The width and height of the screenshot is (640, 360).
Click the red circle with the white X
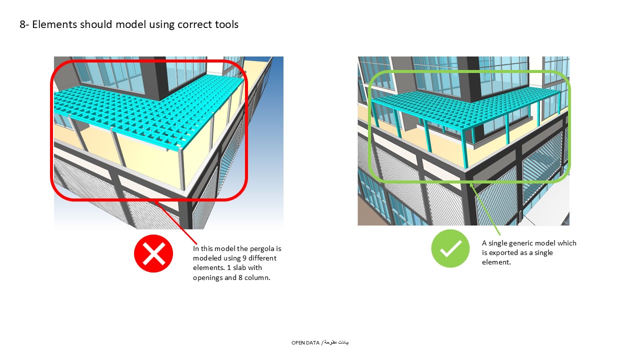(x=153, y=253)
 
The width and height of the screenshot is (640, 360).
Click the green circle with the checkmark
(x=450, y=248)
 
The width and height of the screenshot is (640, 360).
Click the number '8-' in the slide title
(x=24, y=24)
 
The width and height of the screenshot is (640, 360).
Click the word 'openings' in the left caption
(x=207, y=277)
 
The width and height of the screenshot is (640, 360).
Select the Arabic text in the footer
(x=336, y=342)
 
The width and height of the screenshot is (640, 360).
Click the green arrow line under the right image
(x=485, y=207)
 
